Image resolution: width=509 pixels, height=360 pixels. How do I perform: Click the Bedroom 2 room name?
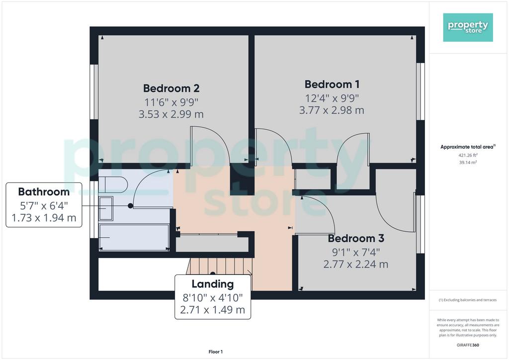pyautogui.click(x=171, y=89)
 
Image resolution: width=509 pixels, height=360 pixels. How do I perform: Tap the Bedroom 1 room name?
pyautogui.click(x=332, y=85)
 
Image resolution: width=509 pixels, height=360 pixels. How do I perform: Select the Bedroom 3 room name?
pyautogui.click(x=356, y=238)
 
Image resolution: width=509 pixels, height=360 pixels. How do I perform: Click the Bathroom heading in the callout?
pyautogui.click(x=44, y=192)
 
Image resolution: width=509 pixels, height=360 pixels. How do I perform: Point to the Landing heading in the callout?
pyautogui.click(x=213, y=284)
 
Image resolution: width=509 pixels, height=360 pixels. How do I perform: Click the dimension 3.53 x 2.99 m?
pyautogui.click(x=171, y=114)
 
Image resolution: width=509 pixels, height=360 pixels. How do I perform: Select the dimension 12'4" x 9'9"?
pyautogui.click(x=332, y=98)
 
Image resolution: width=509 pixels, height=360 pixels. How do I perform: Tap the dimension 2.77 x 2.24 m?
pyautogui.click(x=356, y=264)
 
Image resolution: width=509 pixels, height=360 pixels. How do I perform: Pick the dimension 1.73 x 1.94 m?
pyautogui.click(x=44, y=217)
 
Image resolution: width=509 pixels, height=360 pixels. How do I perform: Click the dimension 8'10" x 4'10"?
pyautogui.click(x=213, y=297)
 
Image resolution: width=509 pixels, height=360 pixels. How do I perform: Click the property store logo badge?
pyautogui.click(x=468, y=27)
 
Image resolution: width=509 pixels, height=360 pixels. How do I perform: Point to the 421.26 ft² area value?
pyautogui.click(x=468, y=155)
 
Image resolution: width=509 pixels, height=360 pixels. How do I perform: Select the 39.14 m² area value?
pyautogui.click(x=468, y=162)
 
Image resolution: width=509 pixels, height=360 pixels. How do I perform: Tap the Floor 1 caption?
pyautogui.click(x=216, y=352)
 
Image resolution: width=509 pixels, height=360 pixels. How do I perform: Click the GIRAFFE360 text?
pyautogui.click(x=468, y=345)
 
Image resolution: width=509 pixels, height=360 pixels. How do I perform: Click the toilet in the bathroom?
pyautogui.click(x=113, y=184)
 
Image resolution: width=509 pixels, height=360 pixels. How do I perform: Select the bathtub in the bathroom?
pyautogui.click(x=133, y=237)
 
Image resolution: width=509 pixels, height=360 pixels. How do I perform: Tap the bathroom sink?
pyautogui.click(x=105, y=208)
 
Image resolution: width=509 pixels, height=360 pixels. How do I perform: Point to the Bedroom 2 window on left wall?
pyautogui.click(x=94, y=92)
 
